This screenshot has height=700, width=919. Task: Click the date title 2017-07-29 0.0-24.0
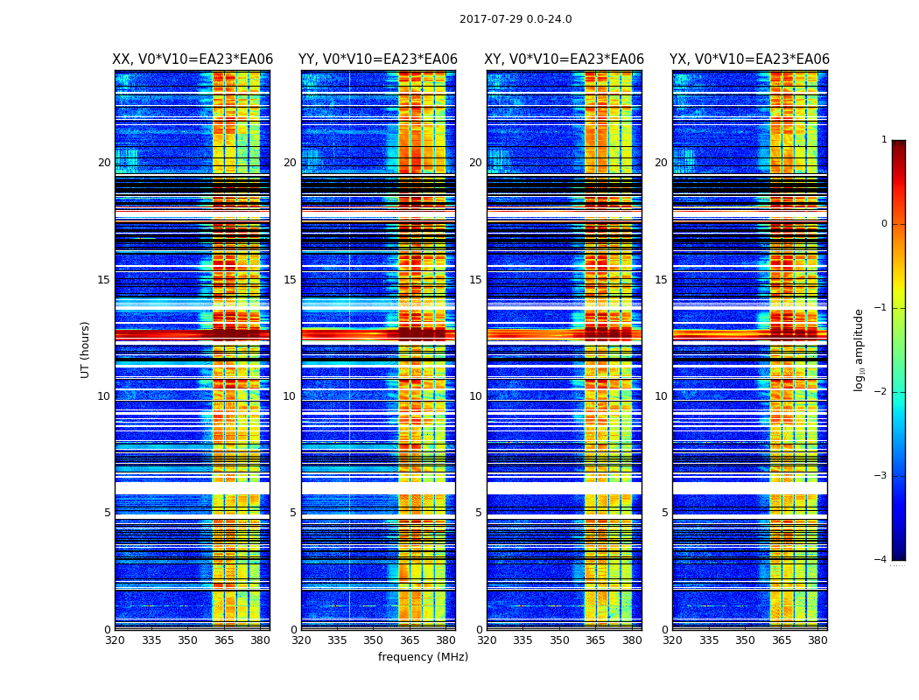tap(516, 19)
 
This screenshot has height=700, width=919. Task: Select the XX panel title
tap(193, 59)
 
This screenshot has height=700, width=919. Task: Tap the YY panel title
tap(378, 59)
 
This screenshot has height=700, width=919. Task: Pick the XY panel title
tap(564, 59)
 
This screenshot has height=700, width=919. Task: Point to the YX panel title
tap(749, 59)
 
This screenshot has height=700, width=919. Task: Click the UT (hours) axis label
tap(86, 349)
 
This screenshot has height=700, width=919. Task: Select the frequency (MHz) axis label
tap(423, 657)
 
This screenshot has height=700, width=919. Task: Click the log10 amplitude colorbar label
tap(859, 349)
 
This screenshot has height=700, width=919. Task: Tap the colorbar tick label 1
tap(884, 140)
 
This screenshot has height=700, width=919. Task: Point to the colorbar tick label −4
tap(882, 560)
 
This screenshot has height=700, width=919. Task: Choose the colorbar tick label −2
tap(882, 392)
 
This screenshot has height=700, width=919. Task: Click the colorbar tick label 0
tap(884, 224)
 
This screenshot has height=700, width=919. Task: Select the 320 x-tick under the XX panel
tap(115, 640)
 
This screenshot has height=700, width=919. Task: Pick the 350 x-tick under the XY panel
tap(559, 640)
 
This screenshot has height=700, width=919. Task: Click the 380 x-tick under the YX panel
tap(817, 640)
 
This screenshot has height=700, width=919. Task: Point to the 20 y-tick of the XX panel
tap(104, 163)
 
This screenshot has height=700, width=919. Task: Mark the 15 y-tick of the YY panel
tap(290, 280)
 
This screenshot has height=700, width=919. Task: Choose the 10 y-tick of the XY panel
tap(475, 396)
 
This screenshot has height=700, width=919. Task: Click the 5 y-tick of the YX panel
tap(664, 513)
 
